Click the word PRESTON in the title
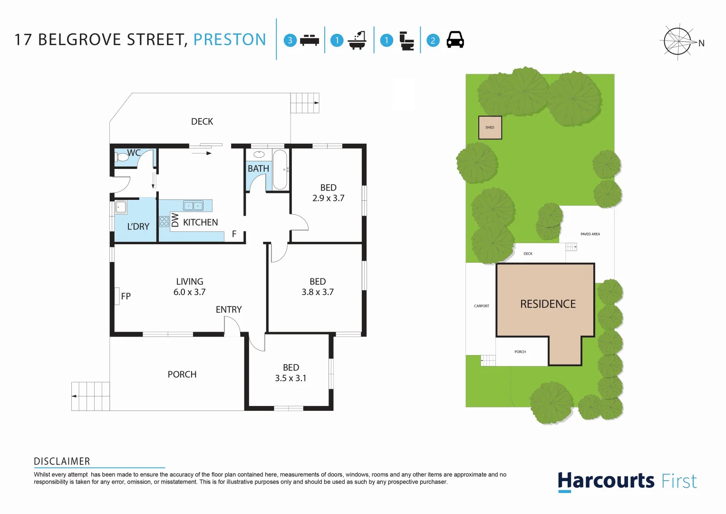230,40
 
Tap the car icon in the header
455,40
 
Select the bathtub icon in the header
357,40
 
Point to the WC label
134,153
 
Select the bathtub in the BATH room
280,170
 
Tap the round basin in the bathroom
259,154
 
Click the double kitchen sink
194,206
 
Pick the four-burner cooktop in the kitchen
164,221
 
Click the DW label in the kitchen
175,220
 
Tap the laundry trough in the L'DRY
121,208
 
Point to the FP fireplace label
126,296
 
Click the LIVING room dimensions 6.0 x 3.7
189,292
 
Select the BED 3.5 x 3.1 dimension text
290,378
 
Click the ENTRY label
229,310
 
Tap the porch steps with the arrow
90,396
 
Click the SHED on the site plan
490,128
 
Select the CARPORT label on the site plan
482,306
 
